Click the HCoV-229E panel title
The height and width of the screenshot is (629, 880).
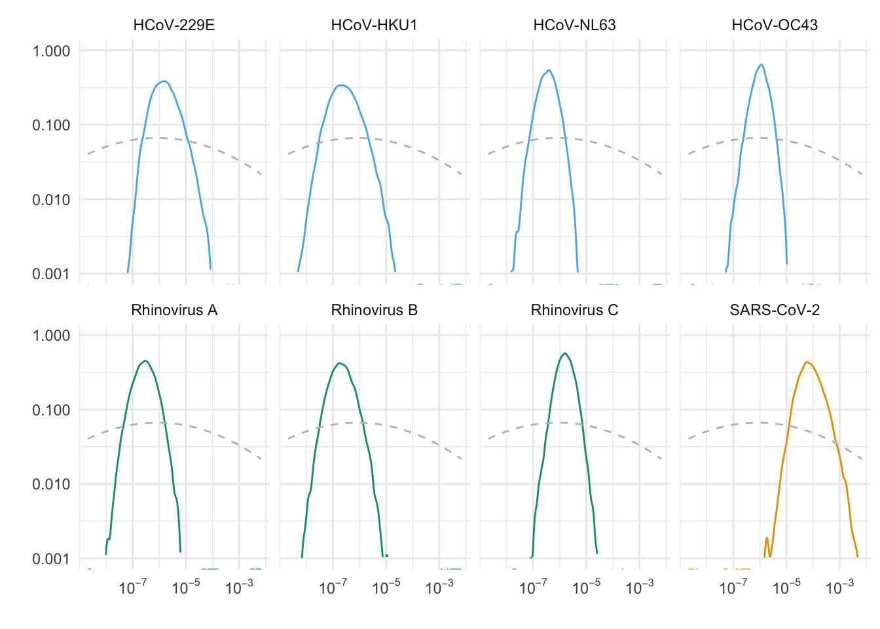[174, 26]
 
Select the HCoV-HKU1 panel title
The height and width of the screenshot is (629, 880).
[374, 26]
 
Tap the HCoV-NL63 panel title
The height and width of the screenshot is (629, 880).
[574, 26]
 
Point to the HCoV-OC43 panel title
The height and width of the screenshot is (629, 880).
[775, 26]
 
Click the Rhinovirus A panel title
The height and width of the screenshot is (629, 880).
[174, 310]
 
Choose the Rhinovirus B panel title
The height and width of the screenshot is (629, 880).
[374, 310]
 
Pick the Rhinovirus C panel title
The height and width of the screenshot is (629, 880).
[574, 310]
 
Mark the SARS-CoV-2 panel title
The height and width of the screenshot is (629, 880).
[775, 310]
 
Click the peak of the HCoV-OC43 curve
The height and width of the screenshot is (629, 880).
[761, 64]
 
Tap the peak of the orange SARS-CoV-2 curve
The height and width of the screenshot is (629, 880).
[807, 362]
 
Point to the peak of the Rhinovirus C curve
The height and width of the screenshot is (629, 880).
[564, 354]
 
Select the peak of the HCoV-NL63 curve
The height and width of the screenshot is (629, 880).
[549, 70]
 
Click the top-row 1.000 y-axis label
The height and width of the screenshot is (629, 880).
[51, 51]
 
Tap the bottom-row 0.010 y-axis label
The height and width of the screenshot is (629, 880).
[51, 484]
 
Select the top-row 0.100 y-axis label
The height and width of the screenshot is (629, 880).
[51, 125]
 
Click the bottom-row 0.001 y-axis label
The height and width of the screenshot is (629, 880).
[51, 559]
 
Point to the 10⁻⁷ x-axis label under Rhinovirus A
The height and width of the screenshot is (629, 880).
[132, 588]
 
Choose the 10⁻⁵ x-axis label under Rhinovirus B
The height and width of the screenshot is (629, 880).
[386, 588]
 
